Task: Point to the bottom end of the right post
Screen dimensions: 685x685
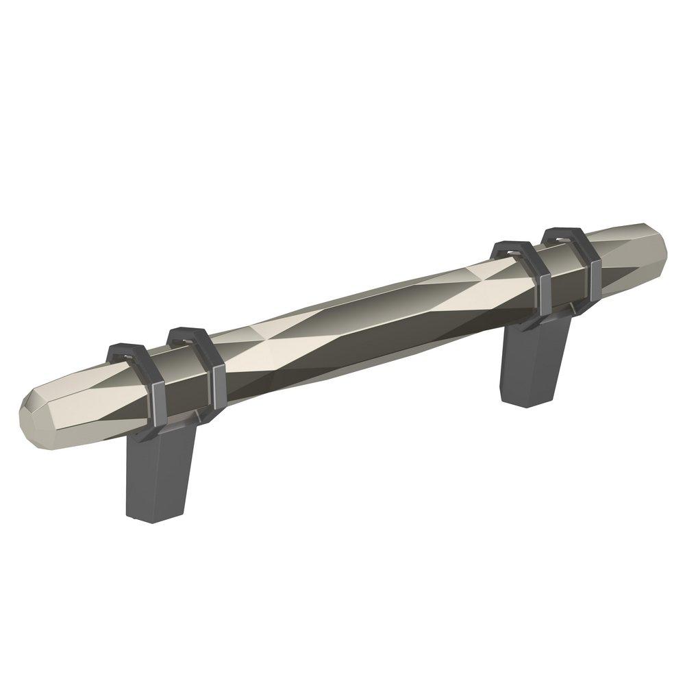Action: coord(523,401)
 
